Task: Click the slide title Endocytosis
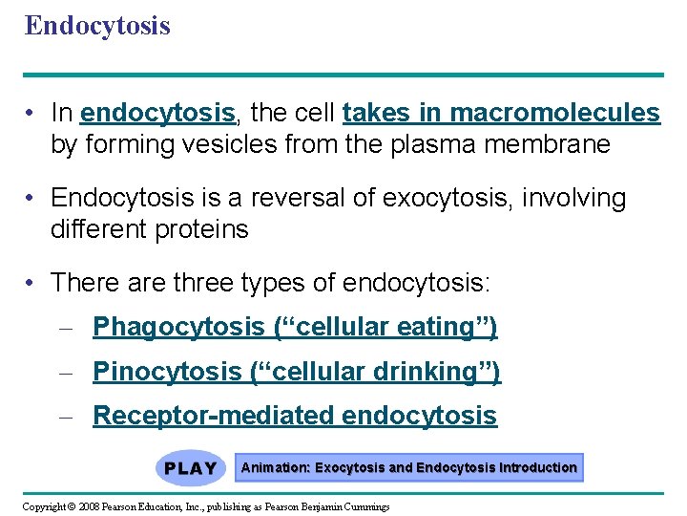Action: (97, 25)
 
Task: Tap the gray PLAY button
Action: (191, 468)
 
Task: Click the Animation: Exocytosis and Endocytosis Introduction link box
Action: (408, 468)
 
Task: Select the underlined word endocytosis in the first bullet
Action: (158, 114)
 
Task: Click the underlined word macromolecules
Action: (554, 114)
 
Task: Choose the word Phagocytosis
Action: (178, 328)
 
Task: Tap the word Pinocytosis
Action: (167, 372)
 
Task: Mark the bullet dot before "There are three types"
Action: (32, 284)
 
